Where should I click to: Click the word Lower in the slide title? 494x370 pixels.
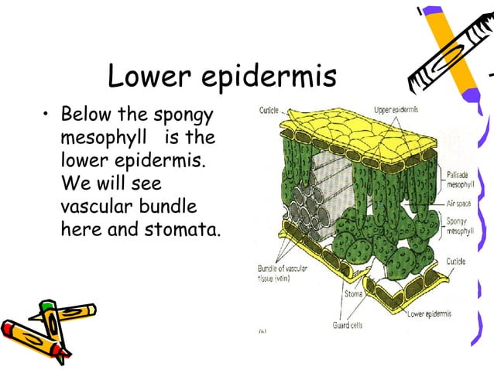[x=151, y=77]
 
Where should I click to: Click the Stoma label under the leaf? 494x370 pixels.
[x=354, y=293]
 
